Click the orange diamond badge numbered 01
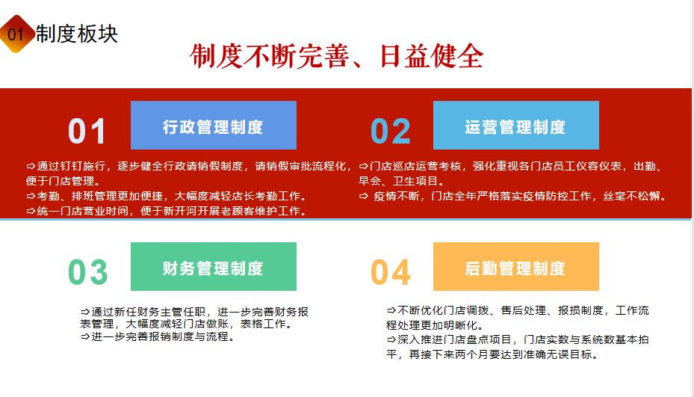coord(16,34)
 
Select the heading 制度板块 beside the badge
coord(76,34)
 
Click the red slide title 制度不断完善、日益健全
coord(336,56)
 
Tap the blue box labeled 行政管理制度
coord(214,125)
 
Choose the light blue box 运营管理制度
coord(516,125)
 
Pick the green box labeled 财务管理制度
coord(214,266)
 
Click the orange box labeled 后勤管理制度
coord(516,266)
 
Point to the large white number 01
coord(87,131)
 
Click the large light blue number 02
coord(391,131)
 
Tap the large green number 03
coord(87,272)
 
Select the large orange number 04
coord(391,272)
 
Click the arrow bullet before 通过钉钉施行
coord(31,166)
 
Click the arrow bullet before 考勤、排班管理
coord(31,196)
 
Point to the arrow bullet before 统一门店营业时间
coord(31,211)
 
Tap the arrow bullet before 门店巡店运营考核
coord(363,166)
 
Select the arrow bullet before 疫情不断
coord(363,196)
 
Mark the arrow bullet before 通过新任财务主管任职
coord(85,312)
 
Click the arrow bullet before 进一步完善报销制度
coord(85,336)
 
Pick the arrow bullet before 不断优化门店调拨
coord(391,310)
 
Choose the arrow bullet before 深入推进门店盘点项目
coord(391,340)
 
